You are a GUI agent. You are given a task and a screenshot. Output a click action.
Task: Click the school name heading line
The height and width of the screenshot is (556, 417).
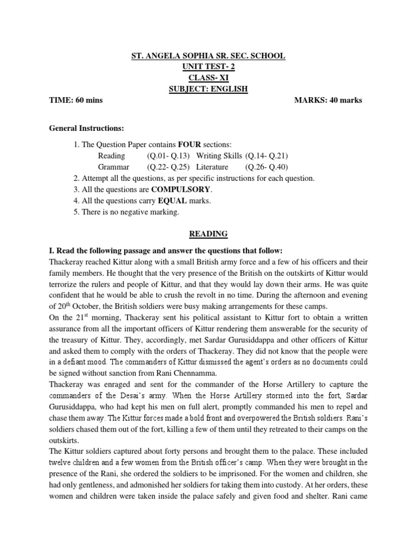click(208, 56)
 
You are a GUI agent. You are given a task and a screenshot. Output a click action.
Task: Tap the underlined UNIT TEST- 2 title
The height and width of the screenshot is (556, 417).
click(208, 67)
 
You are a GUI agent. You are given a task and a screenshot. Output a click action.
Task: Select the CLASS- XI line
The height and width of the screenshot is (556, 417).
click(208, 78)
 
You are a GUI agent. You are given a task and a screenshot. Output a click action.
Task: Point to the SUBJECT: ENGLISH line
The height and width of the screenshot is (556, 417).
click(208, 89)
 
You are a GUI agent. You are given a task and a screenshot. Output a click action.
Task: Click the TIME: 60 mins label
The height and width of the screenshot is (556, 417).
click(76, 100)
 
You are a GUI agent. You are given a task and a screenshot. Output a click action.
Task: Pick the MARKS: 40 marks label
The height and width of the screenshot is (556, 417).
click(328, 100)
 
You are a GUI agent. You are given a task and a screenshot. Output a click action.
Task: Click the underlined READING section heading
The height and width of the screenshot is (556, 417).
click(208, 234)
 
